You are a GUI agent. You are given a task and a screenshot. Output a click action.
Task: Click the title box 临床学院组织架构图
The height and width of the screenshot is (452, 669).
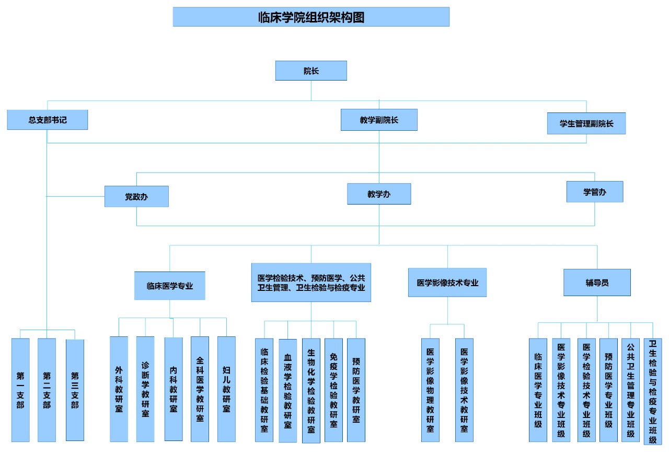click(x=311, y=17)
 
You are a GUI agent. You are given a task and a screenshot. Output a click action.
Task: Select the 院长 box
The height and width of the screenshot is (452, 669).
click(x=311, y=71)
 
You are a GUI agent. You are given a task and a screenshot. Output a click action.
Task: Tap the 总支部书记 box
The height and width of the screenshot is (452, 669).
click(x=48, y=120)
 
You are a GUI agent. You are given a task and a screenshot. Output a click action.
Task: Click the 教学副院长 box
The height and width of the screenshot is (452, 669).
click(x=379, y=120)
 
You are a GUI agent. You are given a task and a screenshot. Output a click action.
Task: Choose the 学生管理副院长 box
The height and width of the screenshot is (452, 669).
click(x=586, y=124)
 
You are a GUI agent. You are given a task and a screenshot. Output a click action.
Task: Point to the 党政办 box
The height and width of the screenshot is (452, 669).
click(x=136, y=197)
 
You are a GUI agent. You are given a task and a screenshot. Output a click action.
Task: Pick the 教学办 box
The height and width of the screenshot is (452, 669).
click(x=379, y=194)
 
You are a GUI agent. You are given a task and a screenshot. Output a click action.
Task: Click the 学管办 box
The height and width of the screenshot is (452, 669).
click(x=595, y=192)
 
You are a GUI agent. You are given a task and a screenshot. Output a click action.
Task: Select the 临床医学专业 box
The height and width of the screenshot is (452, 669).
click(x=170, y=286)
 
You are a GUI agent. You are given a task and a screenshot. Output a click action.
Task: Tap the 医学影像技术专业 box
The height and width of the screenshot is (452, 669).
click(x=447, y=282)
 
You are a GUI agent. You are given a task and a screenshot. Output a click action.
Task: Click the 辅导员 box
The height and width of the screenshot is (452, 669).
click(x=597, y=282)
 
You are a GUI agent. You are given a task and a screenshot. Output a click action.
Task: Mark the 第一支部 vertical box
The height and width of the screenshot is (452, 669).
click(x=20, y=390)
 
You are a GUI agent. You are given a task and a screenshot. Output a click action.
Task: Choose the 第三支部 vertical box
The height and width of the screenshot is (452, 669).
click(x=75, y=390)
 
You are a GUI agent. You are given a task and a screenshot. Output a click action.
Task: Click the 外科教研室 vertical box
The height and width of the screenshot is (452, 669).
click(x=119, y=389)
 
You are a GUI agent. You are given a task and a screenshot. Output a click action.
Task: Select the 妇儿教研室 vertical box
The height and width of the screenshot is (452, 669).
click(x=226, y=389)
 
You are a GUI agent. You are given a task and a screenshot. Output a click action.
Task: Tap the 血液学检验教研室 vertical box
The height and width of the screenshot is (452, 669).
click(x=287, y=391)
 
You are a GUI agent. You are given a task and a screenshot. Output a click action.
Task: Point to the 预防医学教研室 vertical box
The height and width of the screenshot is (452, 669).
click(x=356, y=390)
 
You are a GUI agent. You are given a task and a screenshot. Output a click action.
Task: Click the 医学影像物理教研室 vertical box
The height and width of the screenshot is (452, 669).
click(x=430, y=390)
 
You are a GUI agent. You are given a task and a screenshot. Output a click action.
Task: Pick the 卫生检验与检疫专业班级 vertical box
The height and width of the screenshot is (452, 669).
click(x=652, y=391)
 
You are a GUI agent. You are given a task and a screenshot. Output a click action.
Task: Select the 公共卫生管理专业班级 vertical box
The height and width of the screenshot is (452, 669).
click(x=630, y=390)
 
